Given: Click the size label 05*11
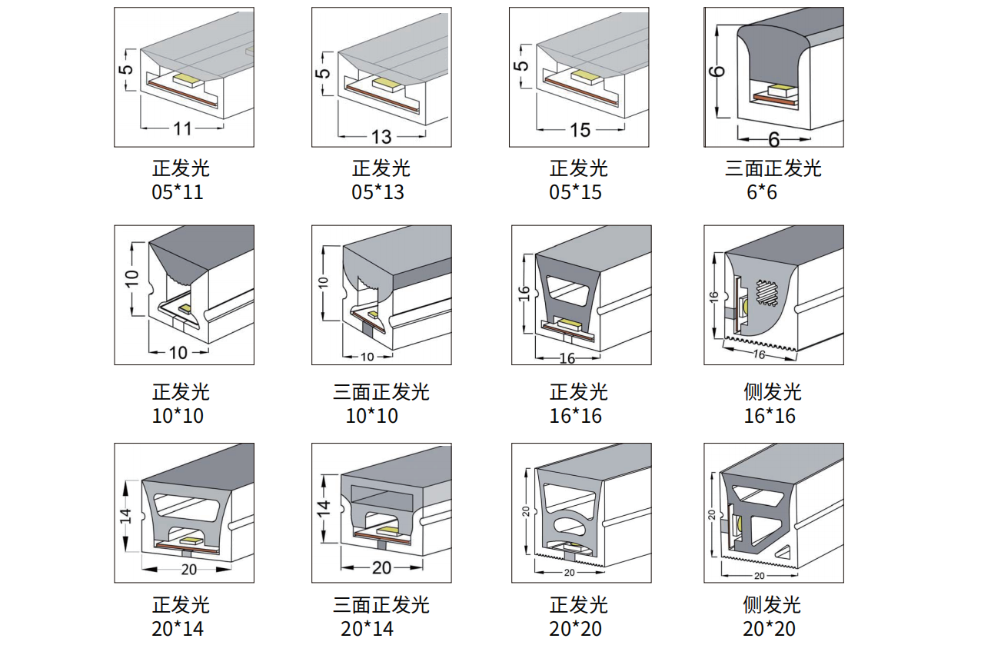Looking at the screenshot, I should click(178, 192).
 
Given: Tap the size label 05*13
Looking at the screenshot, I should click(377, 192).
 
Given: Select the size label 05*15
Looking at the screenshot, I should click(575, 192).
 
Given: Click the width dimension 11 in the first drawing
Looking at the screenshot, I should click(182, 128).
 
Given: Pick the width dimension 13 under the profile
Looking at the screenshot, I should click(381, 137).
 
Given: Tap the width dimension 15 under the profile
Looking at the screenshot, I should click(580, 130).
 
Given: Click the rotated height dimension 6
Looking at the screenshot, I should click(717, 71).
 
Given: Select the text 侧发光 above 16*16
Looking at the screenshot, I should click(773, 392).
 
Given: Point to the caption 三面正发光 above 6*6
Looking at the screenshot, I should click(773, 168).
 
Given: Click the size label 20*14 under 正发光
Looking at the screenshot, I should click(178, 628).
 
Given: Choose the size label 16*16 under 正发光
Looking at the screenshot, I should click(575, 416).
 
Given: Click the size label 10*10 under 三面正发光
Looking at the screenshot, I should click(372, 416).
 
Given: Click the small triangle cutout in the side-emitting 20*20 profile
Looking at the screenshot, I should click(786, 550).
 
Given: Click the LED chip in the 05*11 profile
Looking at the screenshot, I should click(187, 78).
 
